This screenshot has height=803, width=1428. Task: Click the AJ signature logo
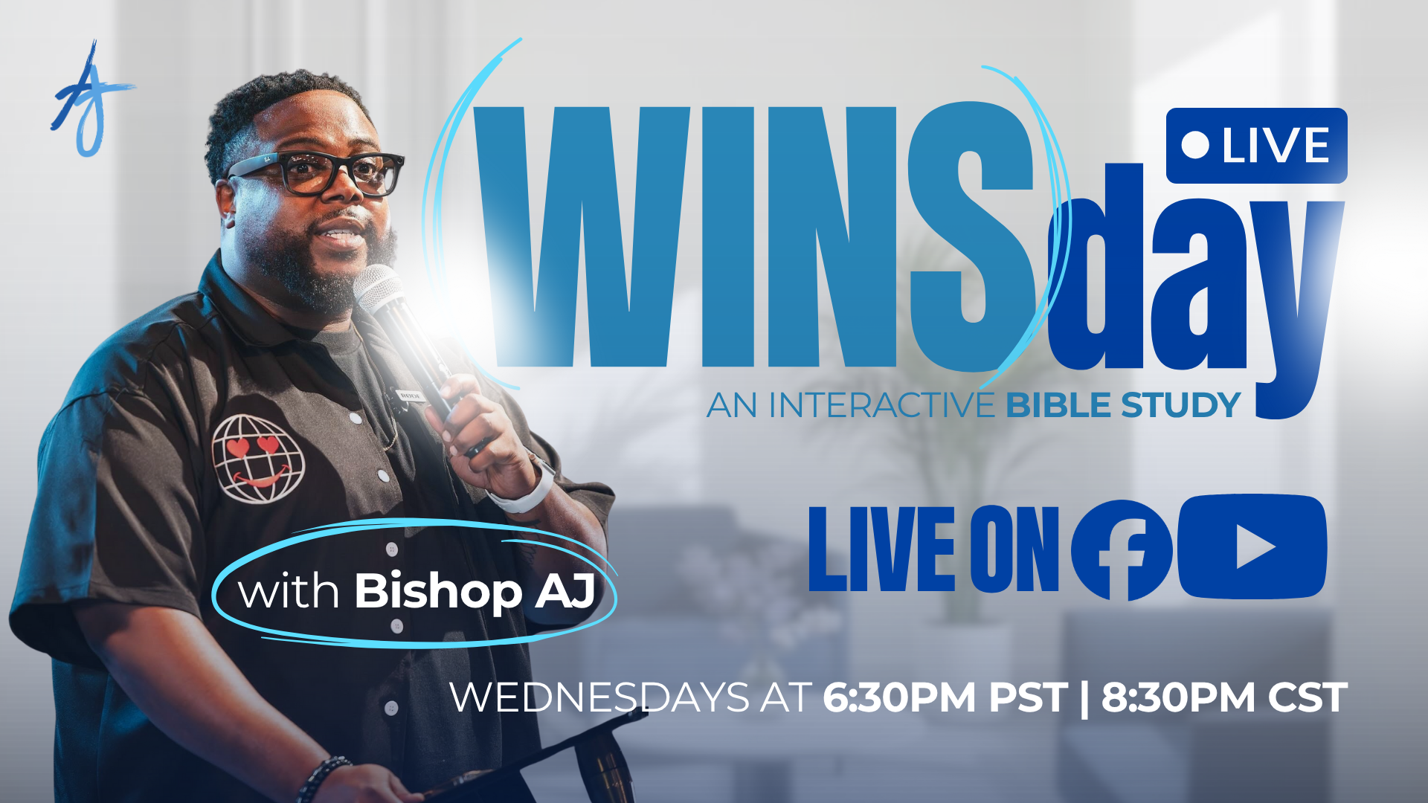point(91,100)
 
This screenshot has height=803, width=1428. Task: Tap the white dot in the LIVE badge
point(1195,145)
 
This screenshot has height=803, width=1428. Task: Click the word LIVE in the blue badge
point(1276,146)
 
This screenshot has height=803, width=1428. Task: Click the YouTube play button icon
point(1252,546)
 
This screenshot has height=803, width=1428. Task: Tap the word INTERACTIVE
point(881,406)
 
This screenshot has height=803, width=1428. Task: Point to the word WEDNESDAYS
point(600,697)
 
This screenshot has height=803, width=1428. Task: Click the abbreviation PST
point(1029,697)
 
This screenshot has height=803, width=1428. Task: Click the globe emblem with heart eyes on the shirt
point(258,459)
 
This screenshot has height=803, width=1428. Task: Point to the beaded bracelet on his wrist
point(322,778)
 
